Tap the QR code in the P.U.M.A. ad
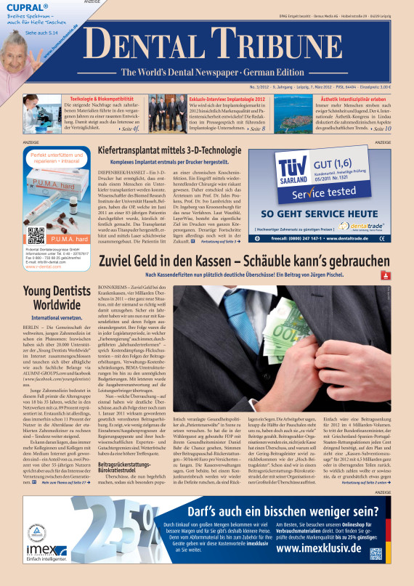coord(33,235)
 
